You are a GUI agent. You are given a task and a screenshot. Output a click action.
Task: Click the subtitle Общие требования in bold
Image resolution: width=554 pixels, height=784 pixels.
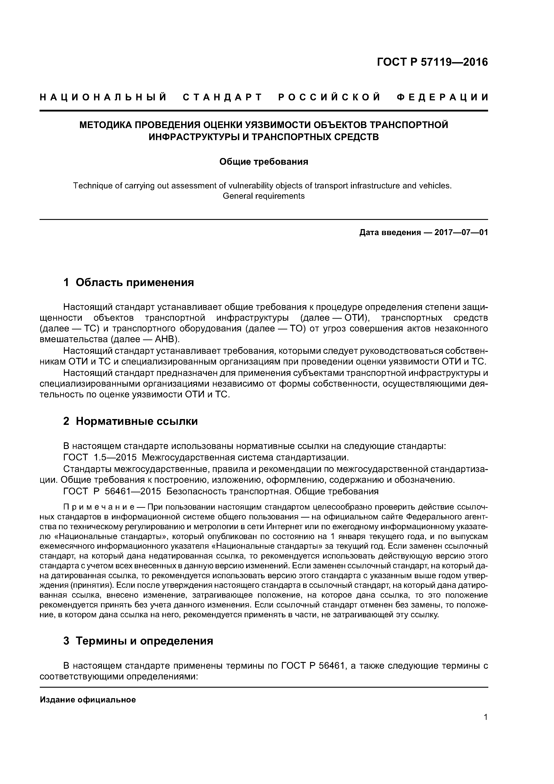264,162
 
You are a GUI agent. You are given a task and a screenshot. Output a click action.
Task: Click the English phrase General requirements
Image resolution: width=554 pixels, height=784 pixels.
264,196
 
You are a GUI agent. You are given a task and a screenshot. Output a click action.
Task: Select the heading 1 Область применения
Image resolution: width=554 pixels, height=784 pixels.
129,282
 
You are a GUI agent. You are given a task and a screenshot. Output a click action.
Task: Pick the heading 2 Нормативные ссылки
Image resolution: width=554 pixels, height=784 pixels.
130,421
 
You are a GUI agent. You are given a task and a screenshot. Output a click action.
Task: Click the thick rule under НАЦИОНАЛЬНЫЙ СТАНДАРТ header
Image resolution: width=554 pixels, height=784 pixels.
264,111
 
